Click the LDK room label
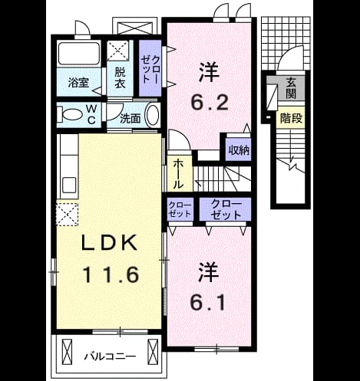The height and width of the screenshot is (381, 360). point(109,243)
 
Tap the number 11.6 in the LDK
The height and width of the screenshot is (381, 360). point(111,274)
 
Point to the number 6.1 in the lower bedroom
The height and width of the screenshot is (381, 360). point(208,302)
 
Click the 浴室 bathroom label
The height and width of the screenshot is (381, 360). point(78,83)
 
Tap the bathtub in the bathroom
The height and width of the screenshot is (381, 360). point(79,54)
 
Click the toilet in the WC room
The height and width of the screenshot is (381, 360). point(70,114)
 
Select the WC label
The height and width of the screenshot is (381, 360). point(91,114)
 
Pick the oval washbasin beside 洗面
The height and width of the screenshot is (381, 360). point(152,114)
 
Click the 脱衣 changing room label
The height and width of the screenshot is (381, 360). point(120,77)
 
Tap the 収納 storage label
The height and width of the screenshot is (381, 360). point(239,150)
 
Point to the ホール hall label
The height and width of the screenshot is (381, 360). point(178,174)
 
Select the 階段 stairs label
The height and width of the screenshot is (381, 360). point(291,118)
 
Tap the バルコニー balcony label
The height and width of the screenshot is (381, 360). point(110,356)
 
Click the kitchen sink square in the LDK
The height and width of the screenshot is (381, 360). point(68,186)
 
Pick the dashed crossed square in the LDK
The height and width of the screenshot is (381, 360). point(67,215)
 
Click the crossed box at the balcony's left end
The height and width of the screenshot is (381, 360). point(67,352)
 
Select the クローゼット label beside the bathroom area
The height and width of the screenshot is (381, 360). point(150,69)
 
